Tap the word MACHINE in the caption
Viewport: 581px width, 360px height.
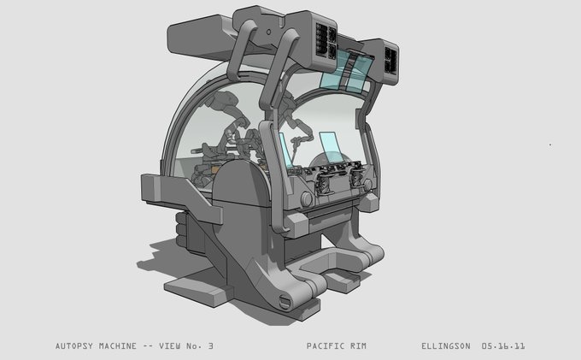click(x=117, y=346)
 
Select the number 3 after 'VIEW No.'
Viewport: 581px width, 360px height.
click(x=210, y=346)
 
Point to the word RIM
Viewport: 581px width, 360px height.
click(x=358, y=346)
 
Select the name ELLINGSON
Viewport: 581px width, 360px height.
click(x=446, y=346)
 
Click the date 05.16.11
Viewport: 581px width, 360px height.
click(x=503, y=346)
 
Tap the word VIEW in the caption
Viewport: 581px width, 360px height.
click(x=170, y=346)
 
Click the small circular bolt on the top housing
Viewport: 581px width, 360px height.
click(x=268, y=32)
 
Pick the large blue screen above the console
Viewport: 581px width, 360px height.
click(x=332, y=147)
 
